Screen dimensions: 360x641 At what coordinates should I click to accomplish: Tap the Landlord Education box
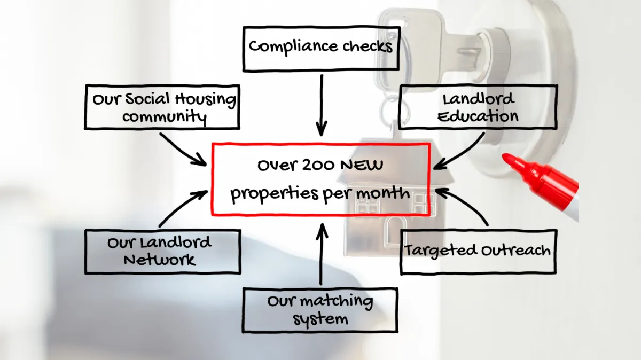[x=478, y=107]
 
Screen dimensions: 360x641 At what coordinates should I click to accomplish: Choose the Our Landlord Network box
[x=162, y=252]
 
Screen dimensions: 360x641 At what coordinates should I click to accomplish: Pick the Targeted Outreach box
[x=478, y=251]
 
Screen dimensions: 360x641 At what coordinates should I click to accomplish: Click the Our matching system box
[x=320, y=310]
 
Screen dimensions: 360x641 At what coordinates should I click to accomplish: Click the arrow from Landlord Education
[x=459, y=152]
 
